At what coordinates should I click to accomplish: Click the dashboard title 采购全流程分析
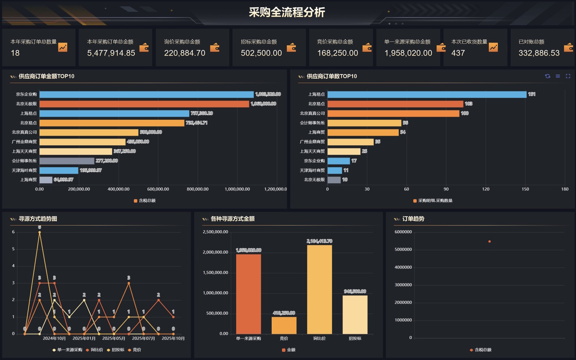point(287,12)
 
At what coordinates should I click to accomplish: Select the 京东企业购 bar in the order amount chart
point(146,95)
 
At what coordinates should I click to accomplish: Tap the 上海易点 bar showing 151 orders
point(427,95)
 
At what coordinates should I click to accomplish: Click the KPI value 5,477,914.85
point(111,53)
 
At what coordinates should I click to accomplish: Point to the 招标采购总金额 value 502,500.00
point(261,53)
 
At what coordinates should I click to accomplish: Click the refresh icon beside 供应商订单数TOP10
point(547,76)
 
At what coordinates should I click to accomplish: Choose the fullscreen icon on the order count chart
point(568,76)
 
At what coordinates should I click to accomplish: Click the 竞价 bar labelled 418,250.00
point(284,325)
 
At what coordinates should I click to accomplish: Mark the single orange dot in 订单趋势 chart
point(490,242)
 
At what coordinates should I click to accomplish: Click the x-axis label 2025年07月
point(143,339)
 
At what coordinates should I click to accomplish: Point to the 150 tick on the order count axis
point(525,189)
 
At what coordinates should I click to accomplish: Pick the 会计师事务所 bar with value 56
point(364,123)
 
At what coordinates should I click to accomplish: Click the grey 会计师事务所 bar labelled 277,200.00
point(67,161)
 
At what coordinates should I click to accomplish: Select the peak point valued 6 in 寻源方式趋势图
point(40,233)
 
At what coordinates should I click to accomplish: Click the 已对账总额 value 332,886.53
point(539,53)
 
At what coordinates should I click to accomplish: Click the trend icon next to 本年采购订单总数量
point(63,47)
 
